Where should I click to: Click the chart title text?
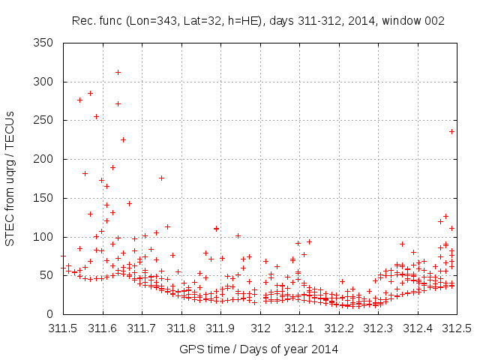click(258, 21)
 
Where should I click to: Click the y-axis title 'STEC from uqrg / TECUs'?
click(10, 178)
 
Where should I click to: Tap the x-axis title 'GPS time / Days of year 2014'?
click(258, 349)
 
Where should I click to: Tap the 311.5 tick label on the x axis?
click(64, 328)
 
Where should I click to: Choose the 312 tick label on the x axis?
click(261, 328)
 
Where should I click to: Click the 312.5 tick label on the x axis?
click(458, 328)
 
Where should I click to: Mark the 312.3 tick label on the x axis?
click(379, 328)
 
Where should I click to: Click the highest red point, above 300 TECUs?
click(118, 72)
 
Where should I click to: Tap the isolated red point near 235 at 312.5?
click(451, 131)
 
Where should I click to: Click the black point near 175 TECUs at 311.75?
click(161, 178)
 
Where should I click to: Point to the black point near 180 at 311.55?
click(85, 173)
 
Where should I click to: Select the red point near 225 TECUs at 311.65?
click(123, 139)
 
